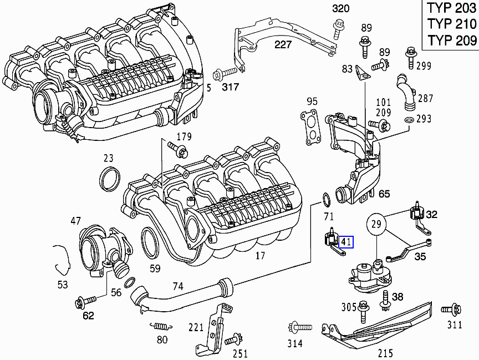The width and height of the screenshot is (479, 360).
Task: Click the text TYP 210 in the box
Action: tap(451, 24)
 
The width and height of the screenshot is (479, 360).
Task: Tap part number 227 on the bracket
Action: tap(283, 44)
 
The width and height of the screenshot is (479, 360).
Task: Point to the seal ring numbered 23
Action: tap(109, 178)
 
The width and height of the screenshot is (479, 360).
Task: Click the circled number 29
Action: tap(376, 225)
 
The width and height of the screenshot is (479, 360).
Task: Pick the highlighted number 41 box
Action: tap(346, 242)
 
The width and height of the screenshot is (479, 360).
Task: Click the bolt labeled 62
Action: tap(83, 303)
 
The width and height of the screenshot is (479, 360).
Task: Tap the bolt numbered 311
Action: tap(451, 310)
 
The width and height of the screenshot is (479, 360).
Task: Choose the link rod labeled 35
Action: tap(410, 250)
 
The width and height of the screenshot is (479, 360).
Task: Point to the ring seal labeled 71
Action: tap(328, 198)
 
